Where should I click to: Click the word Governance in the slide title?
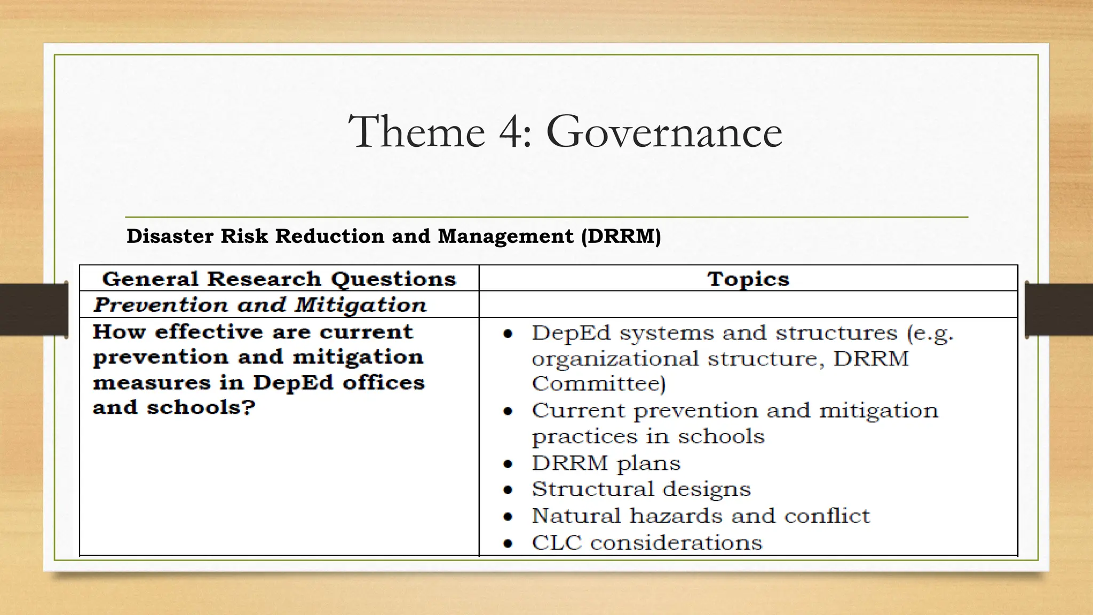pyautogui.click(x=664, y=131)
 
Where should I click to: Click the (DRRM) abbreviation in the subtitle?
pyautogui.click(x=621, y=236)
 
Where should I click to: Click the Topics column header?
pyautogui.click(x=748, y=279)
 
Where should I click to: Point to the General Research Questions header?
pyautogui.click(x=279, y=279)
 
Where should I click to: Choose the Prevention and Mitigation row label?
pyautogui.click(x=260, y=305)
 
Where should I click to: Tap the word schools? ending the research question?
pyautogui.click(x=201, y=408)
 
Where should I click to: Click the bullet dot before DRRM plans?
pyautogui.click(x=508, y=464)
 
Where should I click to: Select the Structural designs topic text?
pyautogui.click(x=641, y=489)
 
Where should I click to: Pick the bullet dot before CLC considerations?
pyautogui.click(x=508, y=544)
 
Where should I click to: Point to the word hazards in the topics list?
pyautogui.click(x=675, y=516)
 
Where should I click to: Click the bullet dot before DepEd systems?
pyautogui.click(x=508, y=334)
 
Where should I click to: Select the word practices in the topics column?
pyautogui.click(x=584, y=437)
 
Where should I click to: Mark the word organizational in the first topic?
pyautogui.click(x=615, y=359)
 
